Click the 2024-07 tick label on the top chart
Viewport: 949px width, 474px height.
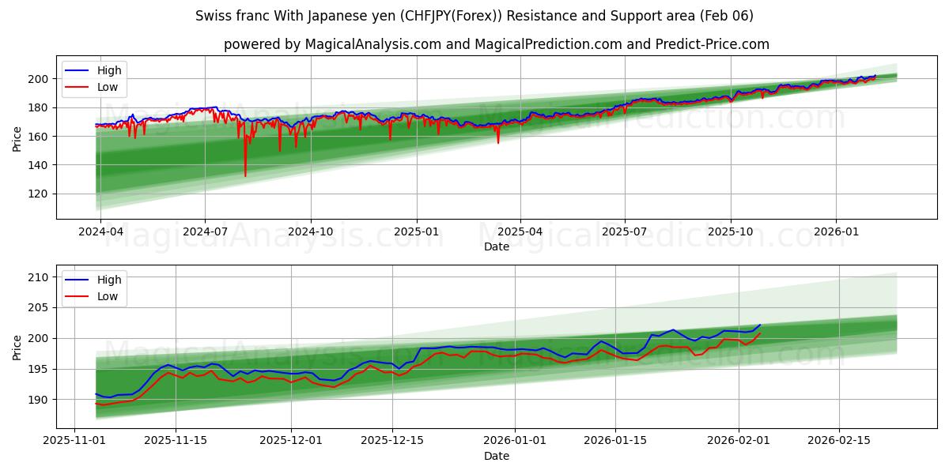coord(205,231)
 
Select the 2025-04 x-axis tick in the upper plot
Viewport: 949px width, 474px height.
coord(520,231)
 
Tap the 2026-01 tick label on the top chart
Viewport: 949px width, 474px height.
coord(836,231)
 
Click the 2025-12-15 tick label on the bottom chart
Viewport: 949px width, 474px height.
coord(392,441)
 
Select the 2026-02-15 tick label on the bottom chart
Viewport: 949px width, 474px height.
coord(837,441)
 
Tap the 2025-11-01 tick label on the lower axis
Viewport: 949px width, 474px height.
coord(74,441)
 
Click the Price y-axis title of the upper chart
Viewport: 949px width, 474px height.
coord(17,139)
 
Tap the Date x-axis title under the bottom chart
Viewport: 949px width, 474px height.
coord(497,456)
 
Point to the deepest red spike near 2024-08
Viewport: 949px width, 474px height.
coord(245,176)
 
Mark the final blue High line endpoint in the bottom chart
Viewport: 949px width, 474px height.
coord(761,325)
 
